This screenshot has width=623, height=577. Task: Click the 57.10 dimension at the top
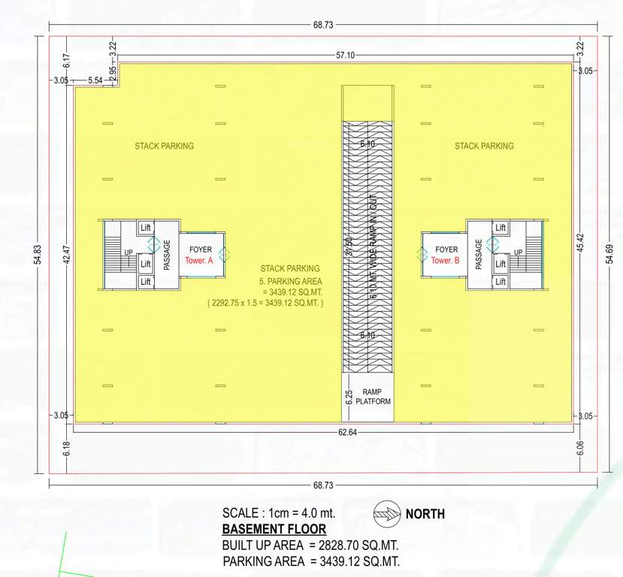coord(346,56)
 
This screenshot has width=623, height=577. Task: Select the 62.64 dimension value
coord(346,432)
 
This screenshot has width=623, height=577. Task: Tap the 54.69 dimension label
coord(609,255)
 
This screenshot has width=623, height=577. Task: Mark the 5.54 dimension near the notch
coord(95,80)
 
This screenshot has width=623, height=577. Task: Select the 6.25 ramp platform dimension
coord(349,397)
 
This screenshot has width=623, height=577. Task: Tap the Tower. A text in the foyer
coord(200,261)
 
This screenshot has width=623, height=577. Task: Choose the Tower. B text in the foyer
coord(446,261)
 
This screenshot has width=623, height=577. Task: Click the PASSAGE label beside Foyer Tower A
coord(167,255)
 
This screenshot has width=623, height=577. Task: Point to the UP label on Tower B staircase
coord(518,252)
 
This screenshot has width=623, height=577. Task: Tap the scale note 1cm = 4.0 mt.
coord(279,513)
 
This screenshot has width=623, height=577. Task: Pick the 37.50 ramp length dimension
coord(349,248)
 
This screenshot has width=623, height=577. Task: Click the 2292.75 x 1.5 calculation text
coord(265,304)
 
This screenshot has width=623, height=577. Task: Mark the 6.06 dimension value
coord(579,449)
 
